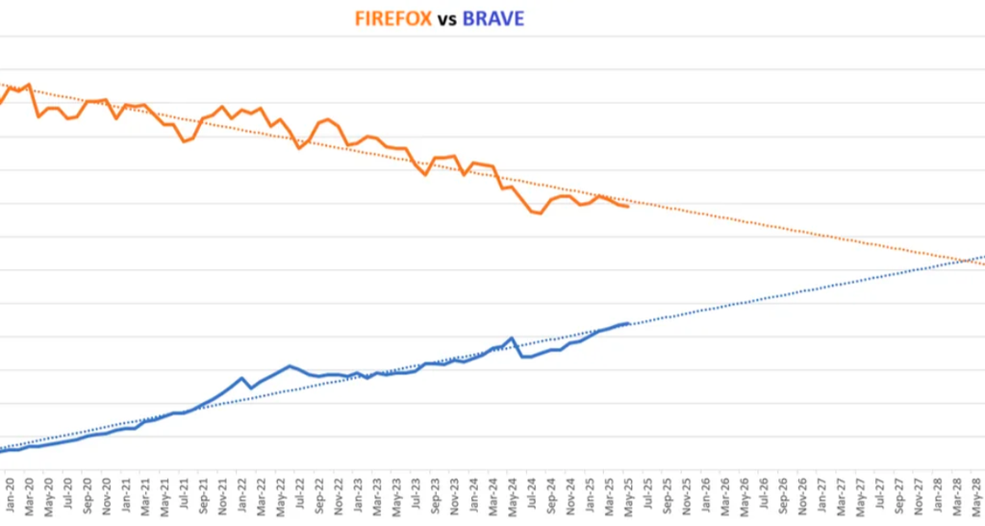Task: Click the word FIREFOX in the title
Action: click(x=391, y=18)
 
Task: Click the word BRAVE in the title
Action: click(x=493, y=18)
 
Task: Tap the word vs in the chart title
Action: click(x=446, y=19)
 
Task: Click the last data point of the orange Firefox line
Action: click(x=628, y=207)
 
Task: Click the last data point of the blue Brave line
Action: click(x=628, y=323)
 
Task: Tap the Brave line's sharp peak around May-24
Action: click(x=511, y=338)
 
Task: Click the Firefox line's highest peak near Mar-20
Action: click(x=29, y=85)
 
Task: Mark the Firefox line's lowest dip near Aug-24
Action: click(x=541, y=213)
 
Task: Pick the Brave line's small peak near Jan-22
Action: click(x=241, y=378)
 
